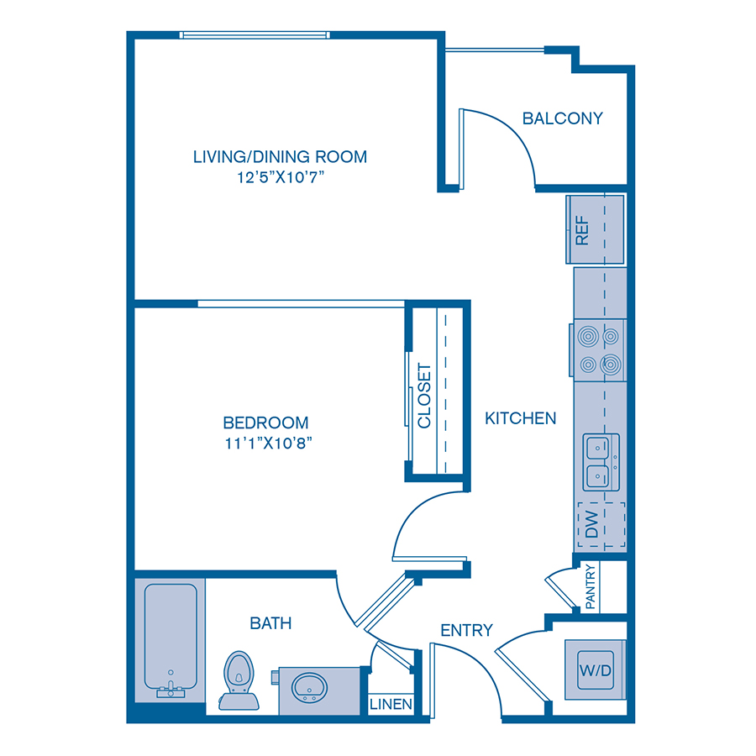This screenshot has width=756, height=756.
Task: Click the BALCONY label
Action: click(562, 118)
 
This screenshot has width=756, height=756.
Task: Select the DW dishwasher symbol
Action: click(601, 525)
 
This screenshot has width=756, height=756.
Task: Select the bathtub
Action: click(171, 638)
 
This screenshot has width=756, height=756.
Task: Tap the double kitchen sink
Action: click(601, 462)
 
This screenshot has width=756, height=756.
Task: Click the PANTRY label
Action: click(591, 586)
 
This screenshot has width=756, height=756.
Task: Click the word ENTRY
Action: click(466, 630)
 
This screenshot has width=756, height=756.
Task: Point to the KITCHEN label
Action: click(521, 417)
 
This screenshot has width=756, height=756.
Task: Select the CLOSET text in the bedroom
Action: click(424, 395)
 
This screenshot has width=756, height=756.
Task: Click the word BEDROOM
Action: click(265, 423)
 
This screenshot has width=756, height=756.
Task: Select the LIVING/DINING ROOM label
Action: click(280, 156)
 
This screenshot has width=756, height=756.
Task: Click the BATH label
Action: click(270, 622)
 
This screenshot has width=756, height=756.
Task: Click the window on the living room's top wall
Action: click(255, 35)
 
